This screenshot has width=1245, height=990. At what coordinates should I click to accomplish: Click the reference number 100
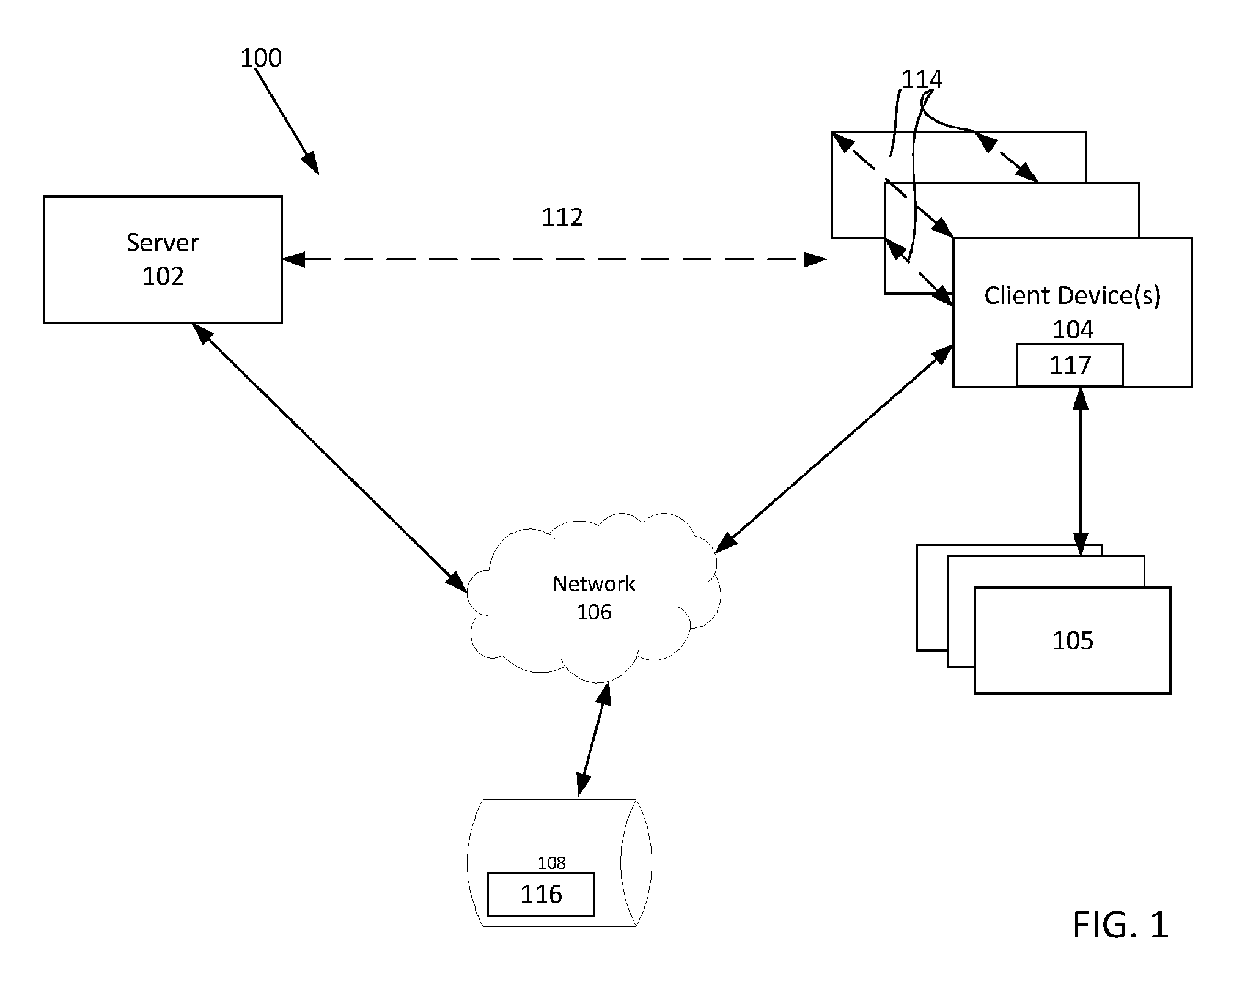point(261,58)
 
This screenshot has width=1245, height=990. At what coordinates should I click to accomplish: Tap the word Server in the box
point(163,243)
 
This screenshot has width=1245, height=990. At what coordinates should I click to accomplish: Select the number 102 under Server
point(163,276)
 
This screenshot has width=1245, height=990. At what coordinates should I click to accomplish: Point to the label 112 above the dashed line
point(562,217)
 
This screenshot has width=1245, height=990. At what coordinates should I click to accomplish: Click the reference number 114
point(922,79)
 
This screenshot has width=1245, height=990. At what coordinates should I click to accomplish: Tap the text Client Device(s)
point(1072,296)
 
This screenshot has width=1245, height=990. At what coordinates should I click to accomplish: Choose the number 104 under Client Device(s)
point(1073,330)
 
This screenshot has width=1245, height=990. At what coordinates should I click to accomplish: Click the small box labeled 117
point(1070,365)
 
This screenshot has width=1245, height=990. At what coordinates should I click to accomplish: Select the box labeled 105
point(1072,640)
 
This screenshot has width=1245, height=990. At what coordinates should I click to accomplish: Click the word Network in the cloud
point(594,584)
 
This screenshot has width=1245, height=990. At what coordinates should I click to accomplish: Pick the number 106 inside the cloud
point(594,612)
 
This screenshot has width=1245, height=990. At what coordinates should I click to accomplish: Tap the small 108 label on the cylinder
point(551,863)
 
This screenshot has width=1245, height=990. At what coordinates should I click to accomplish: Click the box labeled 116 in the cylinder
point(540,894)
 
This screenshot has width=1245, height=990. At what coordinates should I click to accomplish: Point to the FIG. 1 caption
point(1120,924)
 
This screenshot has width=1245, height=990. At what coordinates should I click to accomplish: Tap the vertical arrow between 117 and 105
point(1081,471)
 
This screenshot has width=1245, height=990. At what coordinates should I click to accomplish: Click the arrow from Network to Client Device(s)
point(834,449)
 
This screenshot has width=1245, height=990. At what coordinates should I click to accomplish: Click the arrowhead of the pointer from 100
point(311,163)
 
